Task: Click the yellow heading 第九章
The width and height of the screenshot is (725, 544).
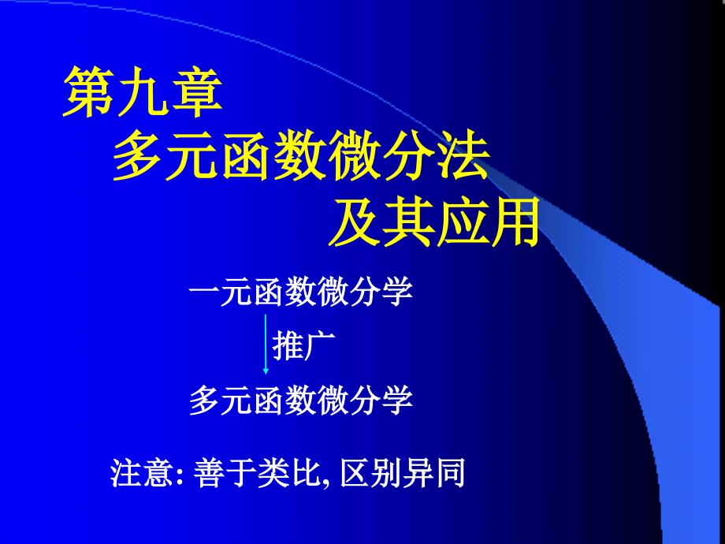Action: (x=143, y=92)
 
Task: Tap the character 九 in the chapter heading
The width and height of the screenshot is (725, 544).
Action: (x=143, y=92)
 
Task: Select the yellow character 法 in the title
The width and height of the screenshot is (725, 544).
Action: (x=463, y=155)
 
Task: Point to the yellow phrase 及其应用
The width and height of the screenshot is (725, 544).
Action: (x=434, y=221)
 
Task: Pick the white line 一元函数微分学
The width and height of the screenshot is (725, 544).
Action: (x=300, y=292)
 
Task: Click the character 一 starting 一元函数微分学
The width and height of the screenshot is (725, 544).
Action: (x=204, y=292)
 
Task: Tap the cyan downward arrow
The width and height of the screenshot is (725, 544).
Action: (x=266, y=345)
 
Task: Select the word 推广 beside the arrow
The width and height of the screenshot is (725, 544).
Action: (x=303, y=345)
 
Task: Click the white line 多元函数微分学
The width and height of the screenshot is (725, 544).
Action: (x=300, y=400)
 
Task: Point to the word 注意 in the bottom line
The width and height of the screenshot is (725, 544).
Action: (x=142, y=472)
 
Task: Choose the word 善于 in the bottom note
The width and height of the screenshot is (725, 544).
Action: (x=225, y=472)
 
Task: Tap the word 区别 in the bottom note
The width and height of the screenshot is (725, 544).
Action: (x=371, y=472)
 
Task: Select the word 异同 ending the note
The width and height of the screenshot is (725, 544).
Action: (x=433, y=472)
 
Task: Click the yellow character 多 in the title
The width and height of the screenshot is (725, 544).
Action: (x=139, y=155)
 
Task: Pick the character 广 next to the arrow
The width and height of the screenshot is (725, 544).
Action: (x=319, y=345)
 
